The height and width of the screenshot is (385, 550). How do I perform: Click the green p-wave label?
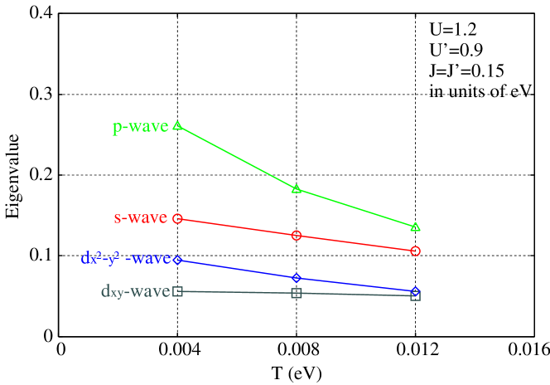140,127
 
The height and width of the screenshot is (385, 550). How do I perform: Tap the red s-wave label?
140,218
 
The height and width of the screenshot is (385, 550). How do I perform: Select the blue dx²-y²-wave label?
125,259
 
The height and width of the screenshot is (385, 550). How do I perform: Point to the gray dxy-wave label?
135,291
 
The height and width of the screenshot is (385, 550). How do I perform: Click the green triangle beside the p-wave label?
177,126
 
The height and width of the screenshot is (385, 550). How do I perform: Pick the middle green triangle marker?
297,188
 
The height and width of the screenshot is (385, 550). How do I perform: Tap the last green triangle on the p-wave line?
415,227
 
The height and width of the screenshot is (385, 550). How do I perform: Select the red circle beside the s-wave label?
177,218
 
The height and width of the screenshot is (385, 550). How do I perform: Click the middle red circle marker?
297,236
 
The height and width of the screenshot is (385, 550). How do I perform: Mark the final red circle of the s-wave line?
415,251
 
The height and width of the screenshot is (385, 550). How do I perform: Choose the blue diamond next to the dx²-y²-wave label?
177,260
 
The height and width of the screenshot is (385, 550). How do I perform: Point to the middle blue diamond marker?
297,278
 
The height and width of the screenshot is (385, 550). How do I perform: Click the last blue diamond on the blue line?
415,291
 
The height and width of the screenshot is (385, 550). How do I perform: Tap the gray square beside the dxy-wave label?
177,291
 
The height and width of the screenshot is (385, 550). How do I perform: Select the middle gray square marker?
297,293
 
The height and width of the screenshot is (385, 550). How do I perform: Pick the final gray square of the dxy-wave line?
415,295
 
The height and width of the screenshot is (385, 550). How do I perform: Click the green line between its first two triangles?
237,158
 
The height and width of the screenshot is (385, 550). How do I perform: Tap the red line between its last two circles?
356,243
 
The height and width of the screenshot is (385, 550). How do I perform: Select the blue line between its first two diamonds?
237,269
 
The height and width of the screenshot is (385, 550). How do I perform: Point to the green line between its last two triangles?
356,207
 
